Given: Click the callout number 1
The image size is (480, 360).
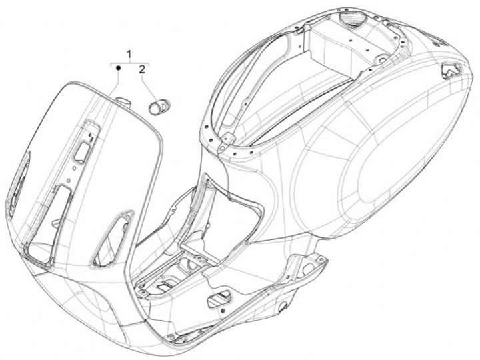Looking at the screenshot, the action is pos(129,53).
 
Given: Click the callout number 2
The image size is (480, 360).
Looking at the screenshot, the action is pos(142,69).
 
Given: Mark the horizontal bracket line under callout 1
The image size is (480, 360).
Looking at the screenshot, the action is pos(129,61).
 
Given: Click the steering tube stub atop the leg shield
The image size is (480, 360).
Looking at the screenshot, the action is pos(121,101).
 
